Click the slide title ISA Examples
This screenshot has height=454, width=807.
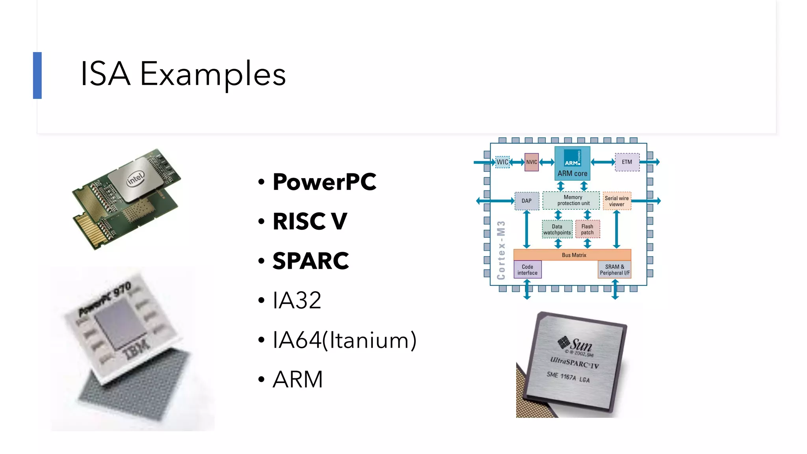(183, 74)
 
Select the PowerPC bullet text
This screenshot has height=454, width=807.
(324, 182)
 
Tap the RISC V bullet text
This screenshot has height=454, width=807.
(310, 221)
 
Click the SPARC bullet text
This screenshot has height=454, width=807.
(311, 261)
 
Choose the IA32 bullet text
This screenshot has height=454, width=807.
(297, 300)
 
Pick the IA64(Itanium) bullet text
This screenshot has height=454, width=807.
(344, 340)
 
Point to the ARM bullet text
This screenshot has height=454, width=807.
(298, 380)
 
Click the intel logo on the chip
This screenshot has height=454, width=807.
(136, 179)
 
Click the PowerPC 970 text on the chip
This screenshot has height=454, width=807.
(105, 300)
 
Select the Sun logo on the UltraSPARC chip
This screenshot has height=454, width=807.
(575, 344)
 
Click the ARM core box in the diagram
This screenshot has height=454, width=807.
(572, 163)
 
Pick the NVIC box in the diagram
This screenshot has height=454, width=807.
(532, 162)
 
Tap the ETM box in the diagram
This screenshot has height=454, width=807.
(627, 162)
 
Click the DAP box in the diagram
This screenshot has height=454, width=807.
(526, 201)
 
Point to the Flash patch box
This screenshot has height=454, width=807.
(587, 229)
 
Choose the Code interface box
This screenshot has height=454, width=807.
(527, 270)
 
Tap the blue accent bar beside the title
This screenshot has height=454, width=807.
(37, 75)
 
